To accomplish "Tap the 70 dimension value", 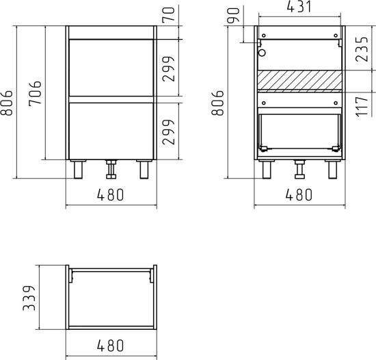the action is coord(168,14).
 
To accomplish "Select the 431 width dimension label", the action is coord(299,7).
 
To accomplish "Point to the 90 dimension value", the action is coord(233,15).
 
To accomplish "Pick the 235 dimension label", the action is coord(362,49).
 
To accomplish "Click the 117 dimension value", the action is coord(362,107).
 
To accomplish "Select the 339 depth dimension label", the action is coord(29,298).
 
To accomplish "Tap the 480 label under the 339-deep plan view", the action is coord(110,346).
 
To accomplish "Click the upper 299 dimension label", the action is coord(168,69).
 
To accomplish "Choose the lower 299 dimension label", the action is coord(168,132).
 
